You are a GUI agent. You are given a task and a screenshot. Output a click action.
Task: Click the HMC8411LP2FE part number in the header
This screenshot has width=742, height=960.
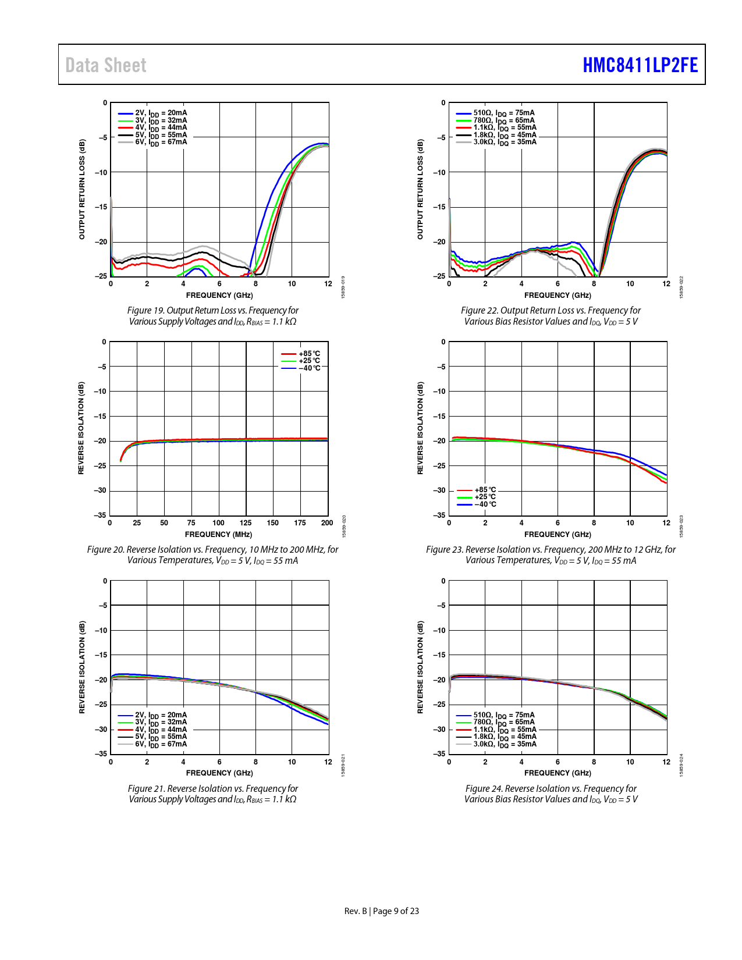(x=640, y=65)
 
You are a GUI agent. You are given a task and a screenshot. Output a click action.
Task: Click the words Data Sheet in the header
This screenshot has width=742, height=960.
(x=106, y=65)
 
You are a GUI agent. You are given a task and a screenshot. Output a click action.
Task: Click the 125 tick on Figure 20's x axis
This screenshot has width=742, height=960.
(x=246, y=522)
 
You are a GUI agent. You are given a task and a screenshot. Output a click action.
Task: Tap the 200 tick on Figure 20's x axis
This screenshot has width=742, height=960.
(x=327, y=522)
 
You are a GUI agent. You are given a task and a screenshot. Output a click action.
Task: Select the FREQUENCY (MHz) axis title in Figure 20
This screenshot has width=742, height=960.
(x=218, y=534)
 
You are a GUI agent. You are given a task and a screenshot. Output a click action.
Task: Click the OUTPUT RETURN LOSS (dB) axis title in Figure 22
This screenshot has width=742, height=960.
(x=420, y=189)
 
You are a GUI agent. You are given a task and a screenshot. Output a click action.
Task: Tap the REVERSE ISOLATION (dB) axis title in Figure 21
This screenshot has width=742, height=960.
(x=82, y=667)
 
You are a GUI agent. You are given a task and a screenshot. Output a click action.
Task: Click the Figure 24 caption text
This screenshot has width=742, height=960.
(x=551, y=794)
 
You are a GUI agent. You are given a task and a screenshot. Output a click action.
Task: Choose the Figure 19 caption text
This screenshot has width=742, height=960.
(x=212, y=316)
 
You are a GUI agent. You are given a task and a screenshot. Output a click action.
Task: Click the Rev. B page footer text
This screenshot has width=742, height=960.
(x=381, y=911)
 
